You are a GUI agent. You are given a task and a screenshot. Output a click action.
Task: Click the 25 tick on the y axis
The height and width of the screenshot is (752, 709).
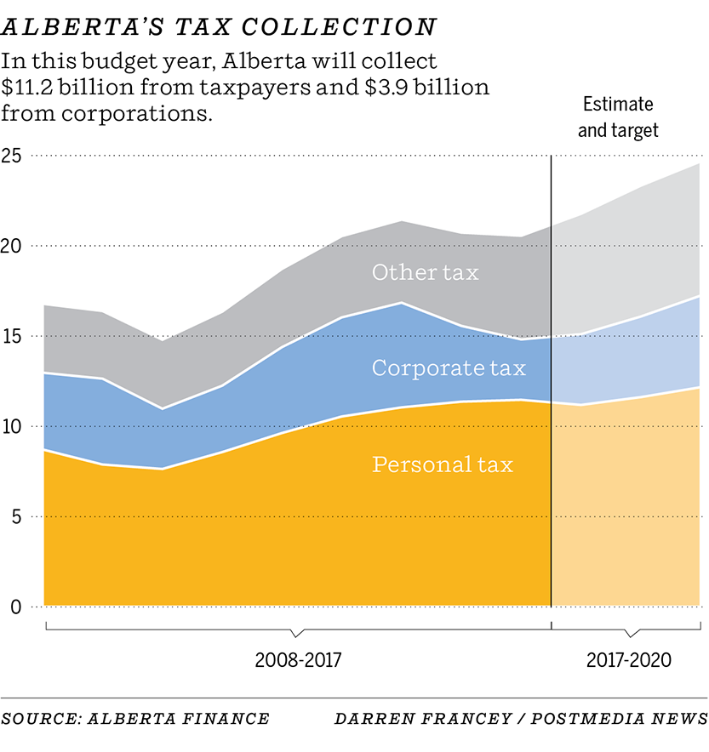13,156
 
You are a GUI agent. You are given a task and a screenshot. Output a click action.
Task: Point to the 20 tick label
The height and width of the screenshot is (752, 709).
13,246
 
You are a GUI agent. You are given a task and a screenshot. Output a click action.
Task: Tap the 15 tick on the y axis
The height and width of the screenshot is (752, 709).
12,336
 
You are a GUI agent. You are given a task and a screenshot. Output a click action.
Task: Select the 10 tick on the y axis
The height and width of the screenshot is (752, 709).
12,426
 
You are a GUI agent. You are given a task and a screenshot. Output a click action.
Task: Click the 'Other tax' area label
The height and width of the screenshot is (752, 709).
425,272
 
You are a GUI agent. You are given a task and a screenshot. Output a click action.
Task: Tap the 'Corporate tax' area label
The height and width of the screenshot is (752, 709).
449,368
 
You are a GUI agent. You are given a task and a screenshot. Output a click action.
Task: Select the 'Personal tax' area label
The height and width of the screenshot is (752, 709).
443,464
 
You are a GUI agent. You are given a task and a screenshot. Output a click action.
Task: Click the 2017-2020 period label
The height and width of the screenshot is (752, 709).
629,660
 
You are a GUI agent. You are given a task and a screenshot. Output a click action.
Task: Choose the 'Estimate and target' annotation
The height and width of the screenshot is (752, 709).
618,117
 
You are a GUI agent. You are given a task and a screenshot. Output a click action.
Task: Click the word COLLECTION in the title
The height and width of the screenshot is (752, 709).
339,28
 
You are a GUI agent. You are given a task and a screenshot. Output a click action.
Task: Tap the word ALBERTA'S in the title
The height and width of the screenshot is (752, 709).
76,28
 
